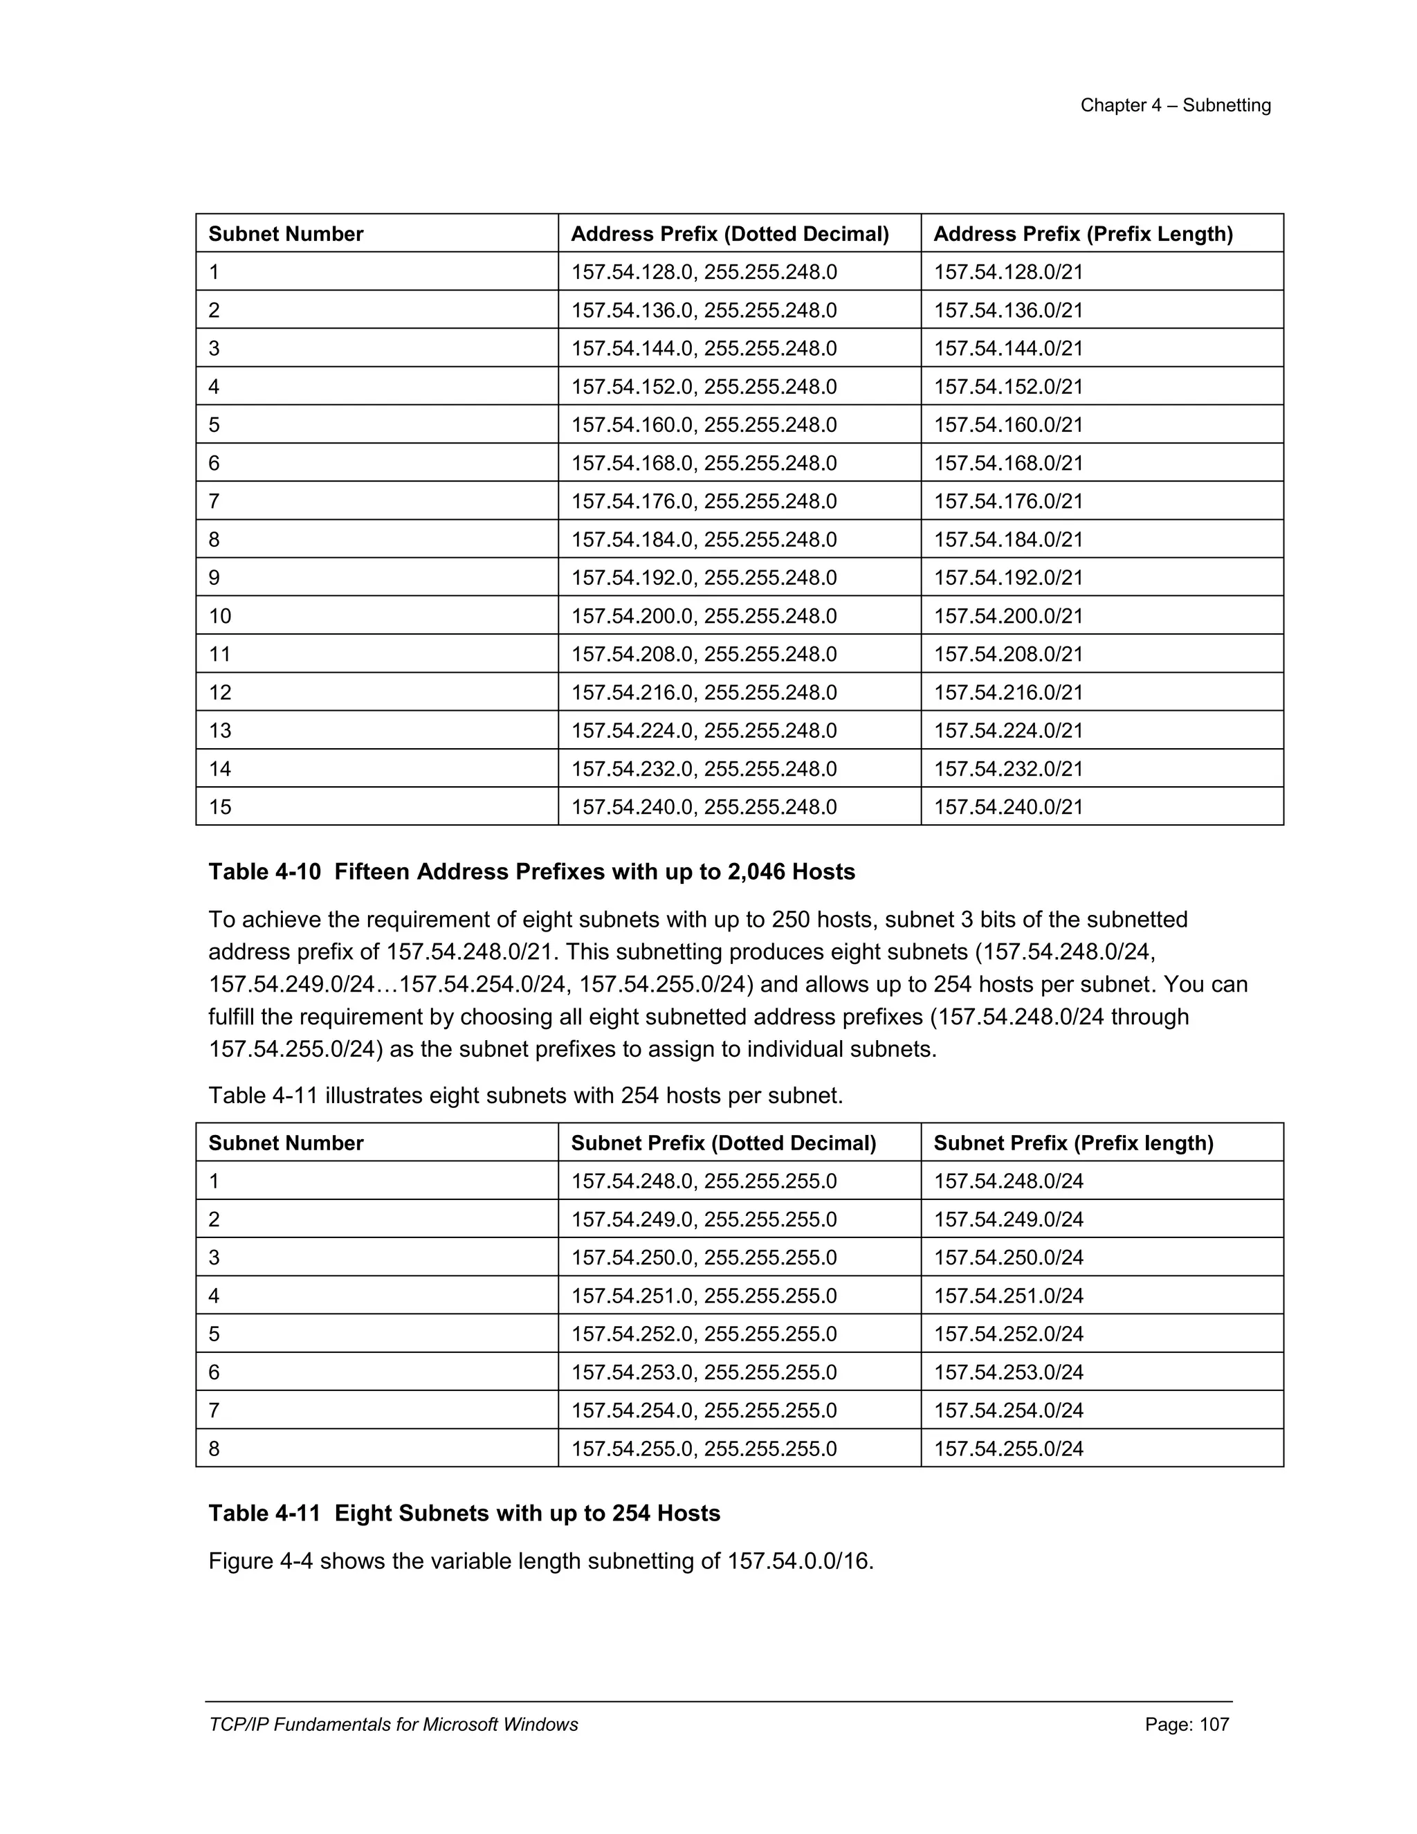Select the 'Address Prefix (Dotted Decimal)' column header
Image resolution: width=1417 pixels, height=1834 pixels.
click(x=729, y=235)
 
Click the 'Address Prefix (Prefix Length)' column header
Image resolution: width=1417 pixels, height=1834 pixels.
click(x=1082, y=235)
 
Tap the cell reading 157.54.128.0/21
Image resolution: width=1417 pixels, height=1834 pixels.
click(x=1008, y=272)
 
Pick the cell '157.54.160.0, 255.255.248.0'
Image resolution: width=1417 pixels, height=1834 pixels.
click(x=704, y=425)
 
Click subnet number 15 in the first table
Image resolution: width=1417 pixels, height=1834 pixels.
click(x=220, y=807)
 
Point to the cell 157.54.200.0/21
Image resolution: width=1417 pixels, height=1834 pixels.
click(x=1008, y=617)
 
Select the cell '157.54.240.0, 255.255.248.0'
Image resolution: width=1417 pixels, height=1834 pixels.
click(x=704, y=807)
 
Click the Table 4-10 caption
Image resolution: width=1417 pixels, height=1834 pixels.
click(x=531, y=871)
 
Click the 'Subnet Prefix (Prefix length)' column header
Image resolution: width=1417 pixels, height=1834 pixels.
click(x=1073, y=1143)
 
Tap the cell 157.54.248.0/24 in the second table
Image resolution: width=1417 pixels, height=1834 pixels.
click(x=1008, y=1181)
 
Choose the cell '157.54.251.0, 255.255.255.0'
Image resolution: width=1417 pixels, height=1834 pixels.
click(x=704, y=1296)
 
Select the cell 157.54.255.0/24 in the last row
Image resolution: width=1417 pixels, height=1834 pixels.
click(x=1008, y=1449)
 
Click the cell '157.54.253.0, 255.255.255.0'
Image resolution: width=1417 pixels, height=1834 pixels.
click(x=704, y=1372)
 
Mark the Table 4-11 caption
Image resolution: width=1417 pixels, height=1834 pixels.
click(x=464, y=1513)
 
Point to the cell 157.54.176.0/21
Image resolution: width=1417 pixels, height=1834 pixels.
click(x=1008, y=501)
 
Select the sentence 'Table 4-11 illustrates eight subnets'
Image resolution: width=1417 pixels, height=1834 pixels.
click(x=524, y=1096)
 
